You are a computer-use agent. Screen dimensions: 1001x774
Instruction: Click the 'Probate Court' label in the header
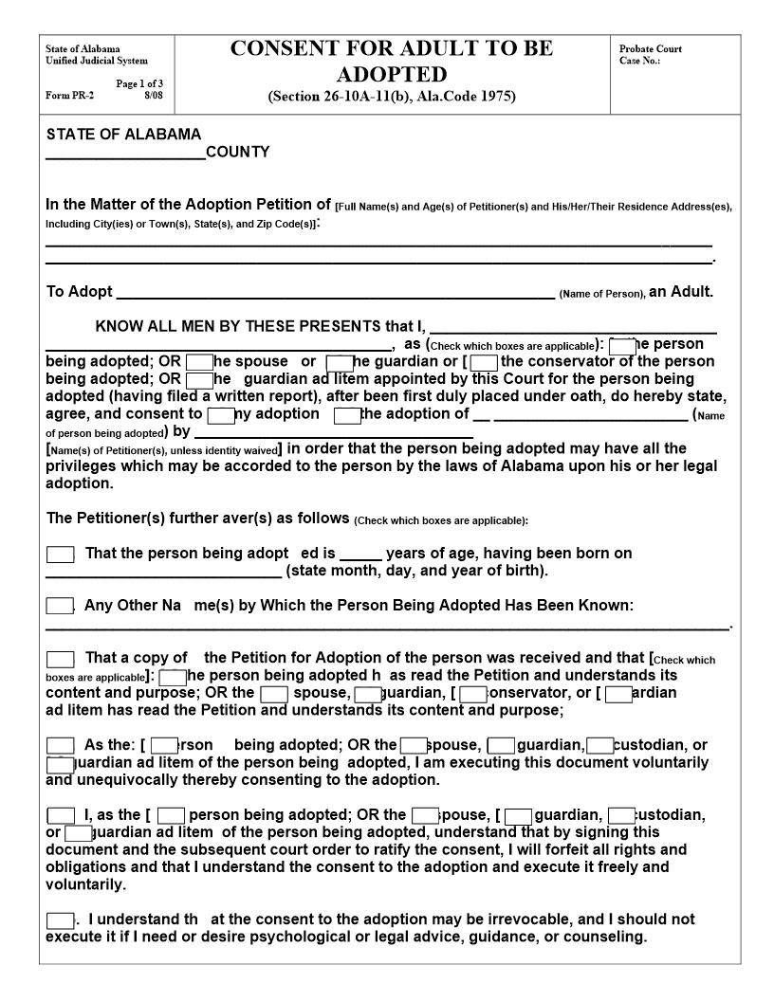tap(650, 49)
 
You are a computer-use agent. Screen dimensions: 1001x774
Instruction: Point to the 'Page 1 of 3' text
tap(139, 83)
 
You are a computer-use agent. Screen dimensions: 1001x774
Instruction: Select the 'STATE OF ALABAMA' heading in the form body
tap(123, 135)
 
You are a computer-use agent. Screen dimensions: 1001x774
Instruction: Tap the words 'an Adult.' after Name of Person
tap(680, 292)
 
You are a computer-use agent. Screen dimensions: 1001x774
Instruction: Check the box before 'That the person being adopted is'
tap(60, 555)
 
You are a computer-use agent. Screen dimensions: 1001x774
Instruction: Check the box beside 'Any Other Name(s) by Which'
tap(60, 607)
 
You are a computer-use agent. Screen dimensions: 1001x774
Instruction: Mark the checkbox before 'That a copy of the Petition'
tap(60, 659)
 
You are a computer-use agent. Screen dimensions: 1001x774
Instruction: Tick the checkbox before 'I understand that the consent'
tap(60, 920)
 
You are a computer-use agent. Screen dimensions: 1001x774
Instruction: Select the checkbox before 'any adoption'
tap(220, 415)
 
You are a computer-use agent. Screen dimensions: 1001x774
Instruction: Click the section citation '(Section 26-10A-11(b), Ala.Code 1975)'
tap(392, 97)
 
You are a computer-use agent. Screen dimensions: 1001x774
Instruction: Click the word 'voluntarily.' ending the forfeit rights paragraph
tap(85, 884)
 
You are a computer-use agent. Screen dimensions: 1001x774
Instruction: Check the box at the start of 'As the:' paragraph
tap(60, 746)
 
